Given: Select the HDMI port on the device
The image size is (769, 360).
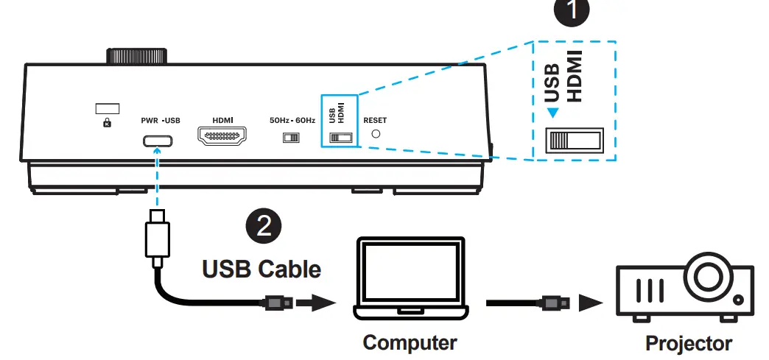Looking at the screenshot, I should click(x=222, y=137).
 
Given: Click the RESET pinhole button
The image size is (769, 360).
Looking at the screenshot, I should click(x=376, y=135).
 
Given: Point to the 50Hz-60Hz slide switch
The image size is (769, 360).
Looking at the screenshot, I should click(x=292, y=138).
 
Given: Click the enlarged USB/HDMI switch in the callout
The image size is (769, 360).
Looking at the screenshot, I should click(x=573, y=140).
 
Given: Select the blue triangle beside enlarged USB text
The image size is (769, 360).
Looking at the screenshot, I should click(x=551, y=113).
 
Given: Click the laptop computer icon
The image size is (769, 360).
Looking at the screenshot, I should click(x=409, y=280).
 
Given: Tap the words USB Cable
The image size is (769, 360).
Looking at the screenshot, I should click(x=261, y=269).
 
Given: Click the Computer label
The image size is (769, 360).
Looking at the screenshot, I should click(x=410, y=342).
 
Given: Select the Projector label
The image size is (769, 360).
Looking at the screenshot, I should click(x=689, y=343).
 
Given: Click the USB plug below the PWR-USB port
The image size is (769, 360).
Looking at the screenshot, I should click(x=155, y=236).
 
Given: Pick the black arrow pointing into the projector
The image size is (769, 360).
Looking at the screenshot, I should click(x=589, y=302).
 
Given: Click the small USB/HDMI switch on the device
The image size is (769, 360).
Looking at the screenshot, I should click(x=340, y=138).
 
